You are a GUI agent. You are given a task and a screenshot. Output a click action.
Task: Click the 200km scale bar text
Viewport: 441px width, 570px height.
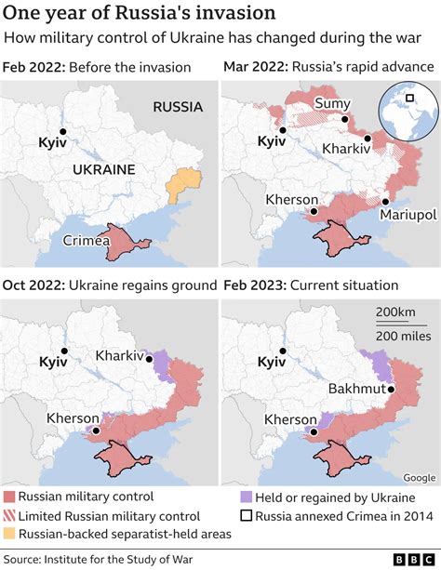click(x=395, y=312)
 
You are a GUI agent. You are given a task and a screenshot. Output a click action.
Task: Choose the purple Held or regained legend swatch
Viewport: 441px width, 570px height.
click(x=246, y=497)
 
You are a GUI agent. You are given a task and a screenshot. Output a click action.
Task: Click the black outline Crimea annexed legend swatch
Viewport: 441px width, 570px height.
click(x=246, y=516)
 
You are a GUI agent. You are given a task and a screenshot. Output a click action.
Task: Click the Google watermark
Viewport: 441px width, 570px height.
click(x=418, y=478)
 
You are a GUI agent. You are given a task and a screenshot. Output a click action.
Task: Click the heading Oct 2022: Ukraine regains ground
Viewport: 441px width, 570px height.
click(x=110, y=285)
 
